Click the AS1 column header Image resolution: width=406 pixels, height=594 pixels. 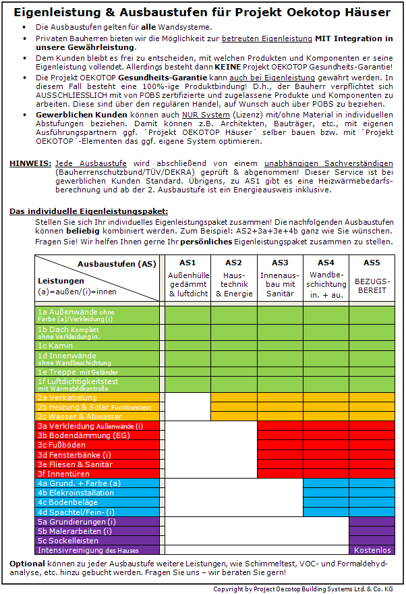[188, 263]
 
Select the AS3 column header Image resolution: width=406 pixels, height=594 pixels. [280, 263]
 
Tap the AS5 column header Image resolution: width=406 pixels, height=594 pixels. [372, 263]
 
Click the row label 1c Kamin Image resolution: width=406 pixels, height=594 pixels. [56, 345]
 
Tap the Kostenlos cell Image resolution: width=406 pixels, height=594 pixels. [372, 550]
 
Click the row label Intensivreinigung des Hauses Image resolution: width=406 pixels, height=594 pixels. [88, 550]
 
